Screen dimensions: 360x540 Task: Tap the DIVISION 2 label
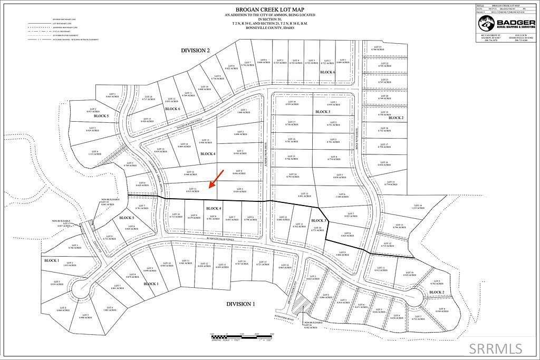coord(195,50)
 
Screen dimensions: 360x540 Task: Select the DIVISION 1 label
coord(240,304)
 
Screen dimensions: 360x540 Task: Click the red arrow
coord(216,179)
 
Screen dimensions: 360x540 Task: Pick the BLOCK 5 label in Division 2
coord(101,115)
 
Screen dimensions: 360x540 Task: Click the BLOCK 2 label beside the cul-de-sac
coord(436,292)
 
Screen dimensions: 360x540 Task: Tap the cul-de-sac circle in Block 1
coord(82,289)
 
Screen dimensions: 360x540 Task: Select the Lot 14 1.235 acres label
coord(418,207)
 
